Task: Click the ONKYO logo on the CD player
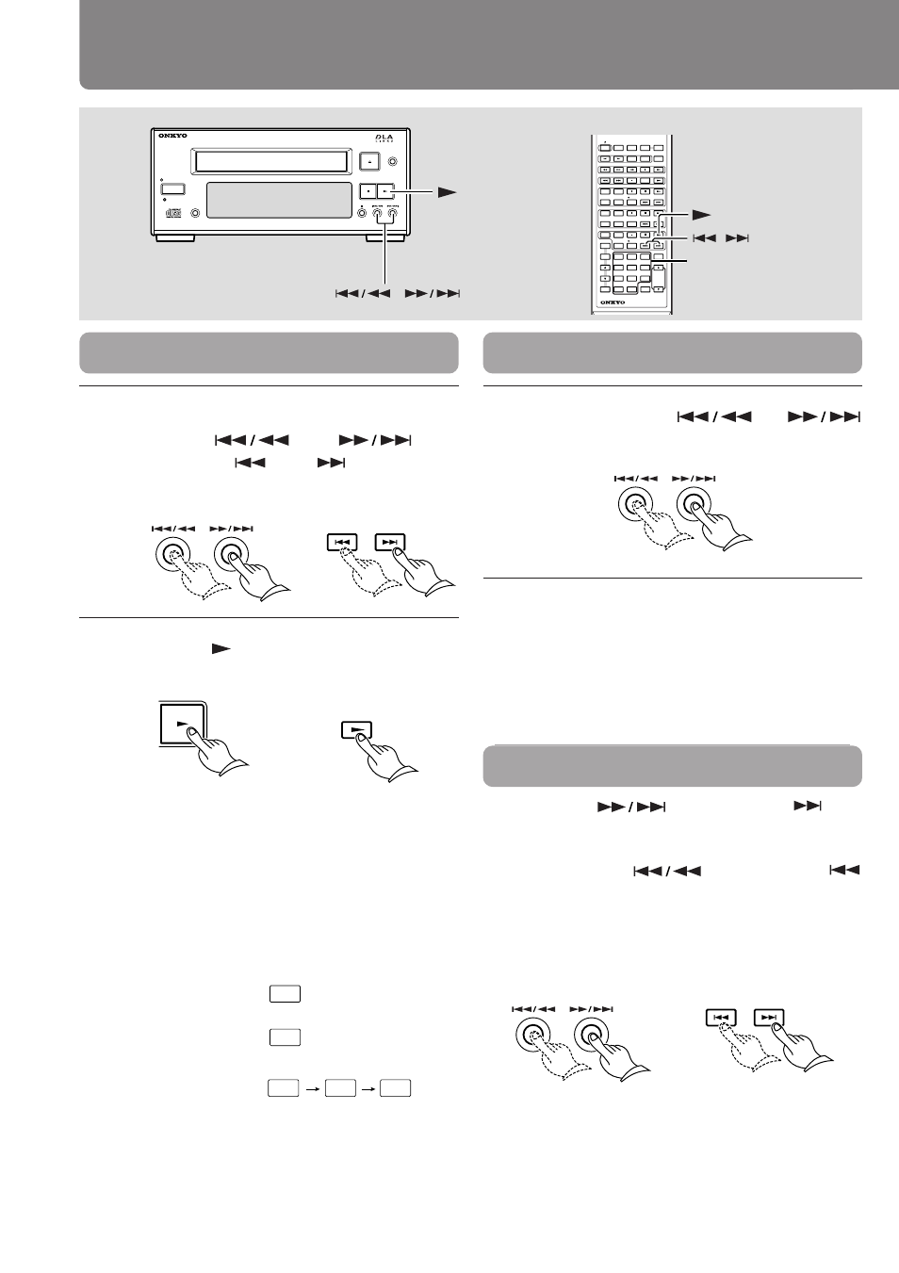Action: pyautogui.click(x=173, y=137)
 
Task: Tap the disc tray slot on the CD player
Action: pyautogui.click(x=270, y=162)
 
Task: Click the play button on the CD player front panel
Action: pyautogui.click(x=385, y=190)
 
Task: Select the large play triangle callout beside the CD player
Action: pyautogui.click(x=447, y=191)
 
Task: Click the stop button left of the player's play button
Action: pyautogui.click(x=368, y=190)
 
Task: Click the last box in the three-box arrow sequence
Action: pyautogui.click(x=396, y=1088)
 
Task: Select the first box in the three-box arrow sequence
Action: pyautogui.click(x=283, y=1088)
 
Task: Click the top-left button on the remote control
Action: pyautogui.click(x=605, y=148)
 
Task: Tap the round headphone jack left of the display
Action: pyautogui.click(x=195, y=212)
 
